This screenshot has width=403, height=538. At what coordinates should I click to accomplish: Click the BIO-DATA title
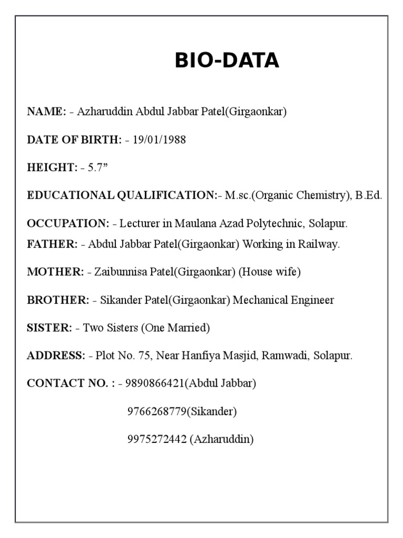[227, 61]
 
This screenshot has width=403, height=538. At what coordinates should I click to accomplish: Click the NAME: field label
[47, 112]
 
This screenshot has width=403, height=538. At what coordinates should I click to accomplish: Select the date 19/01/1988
[159, 140]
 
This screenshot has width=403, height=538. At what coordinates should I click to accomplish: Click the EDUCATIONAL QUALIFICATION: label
[122, 195]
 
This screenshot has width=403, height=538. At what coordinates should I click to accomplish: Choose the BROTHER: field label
[58, 300]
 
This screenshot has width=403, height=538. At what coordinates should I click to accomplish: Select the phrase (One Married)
[175, 328]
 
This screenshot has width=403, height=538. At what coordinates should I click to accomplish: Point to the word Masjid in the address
[242, 356]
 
